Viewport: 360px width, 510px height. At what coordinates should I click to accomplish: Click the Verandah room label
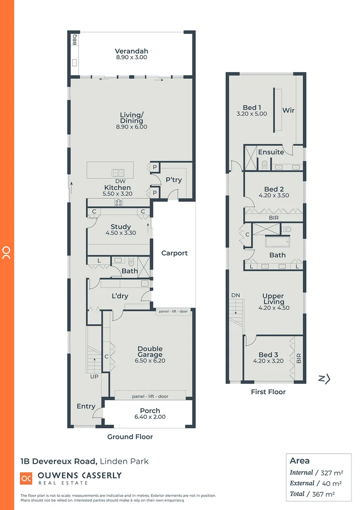pos(131,51)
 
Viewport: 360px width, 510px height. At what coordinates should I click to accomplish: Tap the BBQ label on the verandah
pos(75,41)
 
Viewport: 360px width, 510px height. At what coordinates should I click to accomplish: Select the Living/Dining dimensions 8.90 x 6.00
pos(131,127)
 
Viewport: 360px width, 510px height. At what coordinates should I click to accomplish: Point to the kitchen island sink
pos(117,173)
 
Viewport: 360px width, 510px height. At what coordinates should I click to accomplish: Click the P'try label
pos(174,180)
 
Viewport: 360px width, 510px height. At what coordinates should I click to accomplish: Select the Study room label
pos(121,227)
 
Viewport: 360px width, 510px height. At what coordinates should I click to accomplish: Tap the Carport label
pos(174,253)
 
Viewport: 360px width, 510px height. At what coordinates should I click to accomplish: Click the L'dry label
pos(120,296)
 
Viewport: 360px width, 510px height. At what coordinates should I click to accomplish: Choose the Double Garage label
pos(150,352)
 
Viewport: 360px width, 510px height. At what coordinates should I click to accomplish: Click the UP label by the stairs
pos(94,377)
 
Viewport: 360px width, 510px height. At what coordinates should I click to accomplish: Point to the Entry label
pos(86,406)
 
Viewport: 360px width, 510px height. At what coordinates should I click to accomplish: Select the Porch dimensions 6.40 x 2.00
pos(150,417)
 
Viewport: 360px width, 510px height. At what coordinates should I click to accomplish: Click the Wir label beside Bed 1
pos(288,110)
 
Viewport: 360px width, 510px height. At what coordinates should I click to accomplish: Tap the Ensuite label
pos(271,152)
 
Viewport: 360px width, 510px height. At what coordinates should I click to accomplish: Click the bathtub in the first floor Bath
pos(277,242)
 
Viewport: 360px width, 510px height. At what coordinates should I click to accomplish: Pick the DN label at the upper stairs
pos(235,295)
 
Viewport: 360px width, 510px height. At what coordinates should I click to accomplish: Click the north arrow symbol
pos(324,378)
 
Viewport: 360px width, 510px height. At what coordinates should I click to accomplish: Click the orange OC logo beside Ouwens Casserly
pos(26,478)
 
